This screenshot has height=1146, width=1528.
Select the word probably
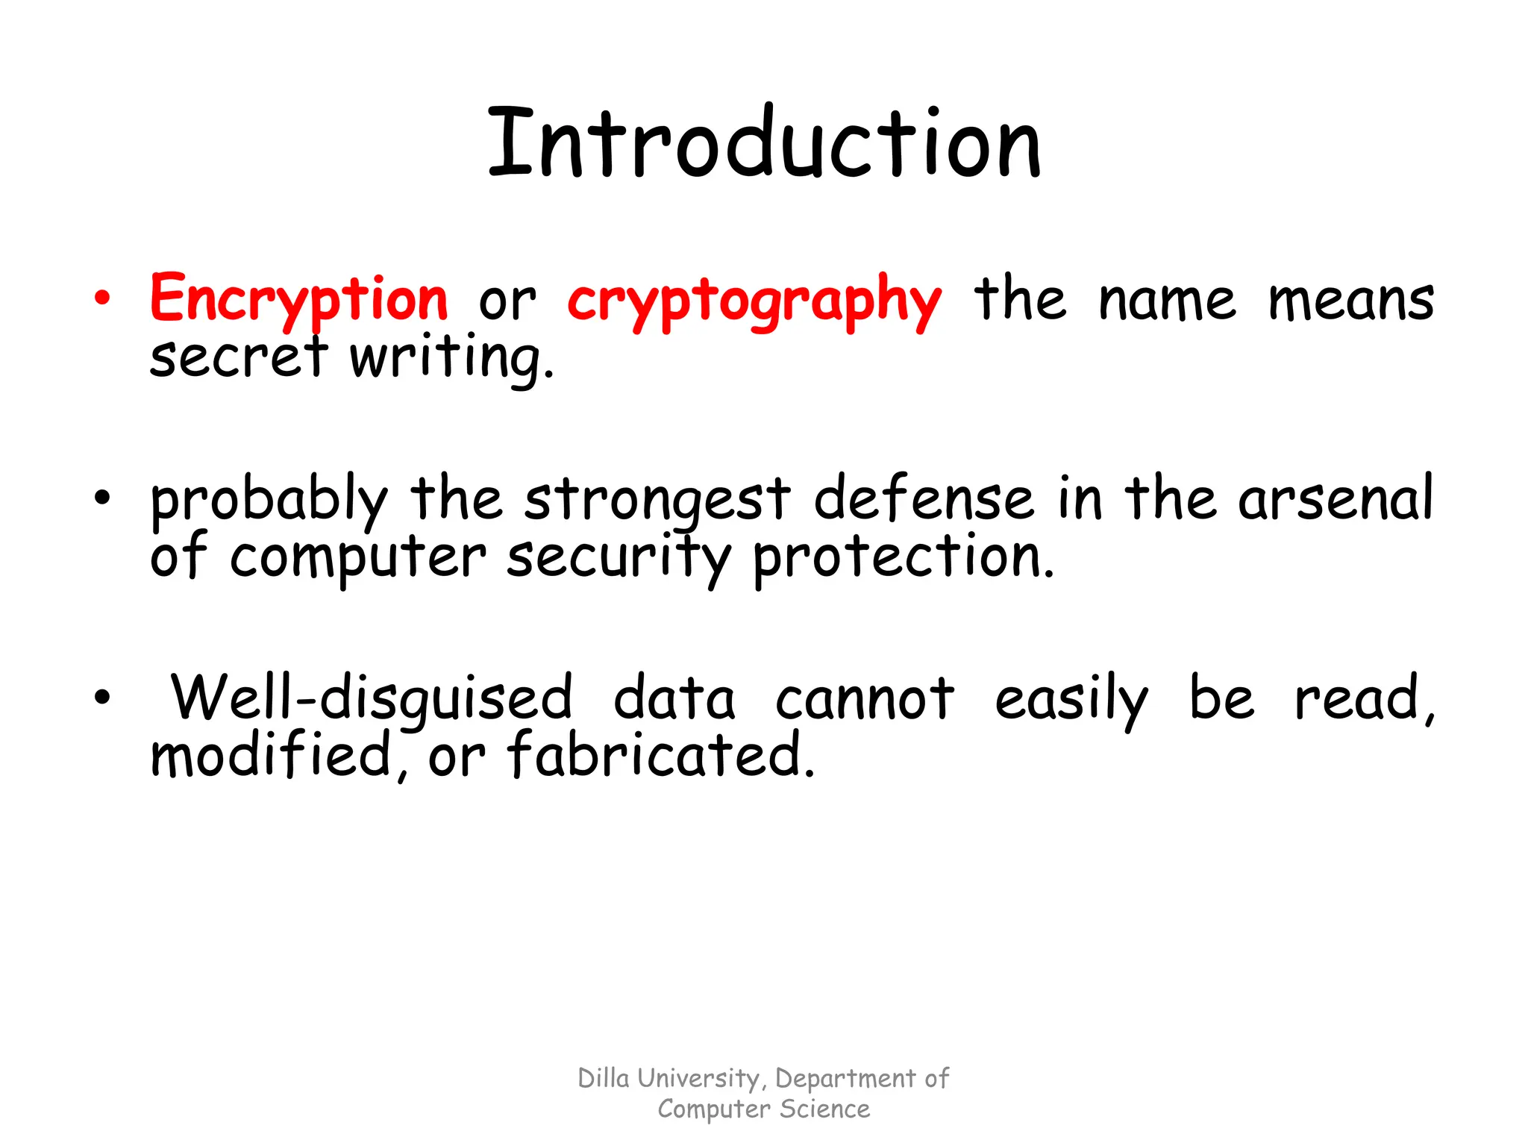(x=269, y=500)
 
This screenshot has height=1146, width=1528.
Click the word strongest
(x=657, y=500)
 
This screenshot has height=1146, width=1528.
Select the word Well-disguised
(x=372, y=698)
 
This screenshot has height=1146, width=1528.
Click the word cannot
(x=865, y=698)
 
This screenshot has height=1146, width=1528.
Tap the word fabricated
(x=661, y=755)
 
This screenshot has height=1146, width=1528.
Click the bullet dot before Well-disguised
(x=102, y=698)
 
